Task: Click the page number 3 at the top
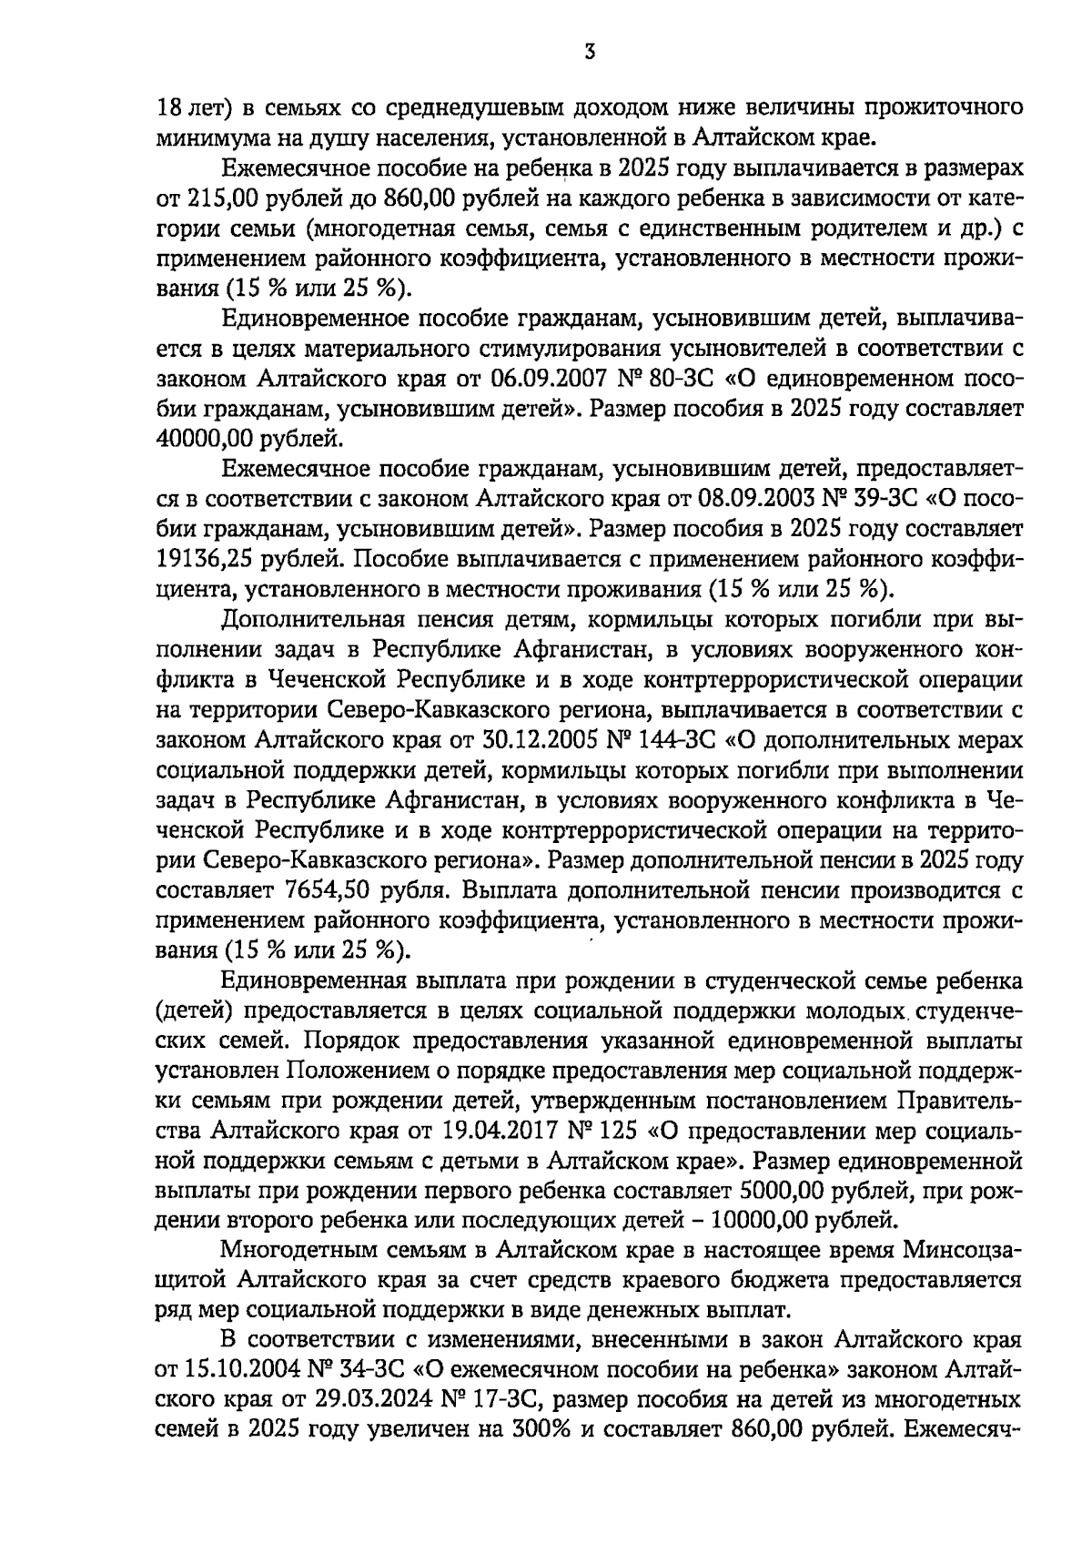pos(589,53)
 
